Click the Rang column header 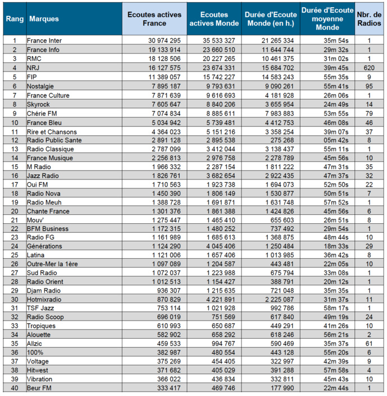coord(15,19)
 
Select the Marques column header coord(44,19)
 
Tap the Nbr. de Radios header coord(369,19)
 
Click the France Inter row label coord(44,41)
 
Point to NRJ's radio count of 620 coord(369,67)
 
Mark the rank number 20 coord(15,211)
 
